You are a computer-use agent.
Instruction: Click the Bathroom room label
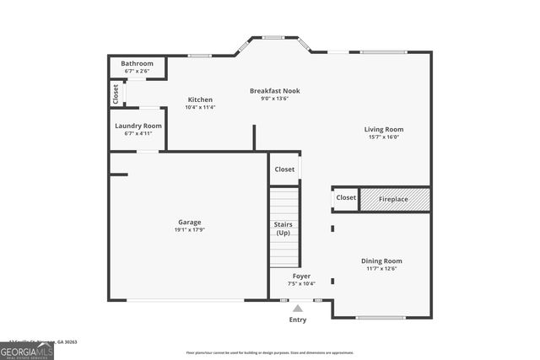[x=137, y=63]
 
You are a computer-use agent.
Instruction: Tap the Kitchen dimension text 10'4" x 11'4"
[x=200, y=107]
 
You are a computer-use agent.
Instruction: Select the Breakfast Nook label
[x=274, y=90]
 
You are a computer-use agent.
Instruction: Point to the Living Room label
[x=384, y=129]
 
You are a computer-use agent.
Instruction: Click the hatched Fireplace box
[x=394, y=199]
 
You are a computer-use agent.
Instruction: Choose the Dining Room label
[x=381, y=261]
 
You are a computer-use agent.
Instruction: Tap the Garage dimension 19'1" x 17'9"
[x=189, y=229]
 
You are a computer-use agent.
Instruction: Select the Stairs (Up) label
[x=283, y=228]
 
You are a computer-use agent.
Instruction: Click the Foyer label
[x=301, y=276]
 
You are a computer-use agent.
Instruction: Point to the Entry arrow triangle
[x=298, y=309]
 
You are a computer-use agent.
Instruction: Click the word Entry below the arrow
[x=298, y=320]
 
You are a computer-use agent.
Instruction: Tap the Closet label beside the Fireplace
[x=346, y=197]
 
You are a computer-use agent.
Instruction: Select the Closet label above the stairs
[x=284, y=169]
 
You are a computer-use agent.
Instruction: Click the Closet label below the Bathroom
[x=116, y=94]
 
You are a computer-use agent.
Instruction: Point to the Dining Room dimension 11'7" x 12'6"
[x=381, y=269]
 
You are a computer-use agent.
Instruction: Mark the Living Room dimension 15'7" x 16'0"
[x=384, y=137]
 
